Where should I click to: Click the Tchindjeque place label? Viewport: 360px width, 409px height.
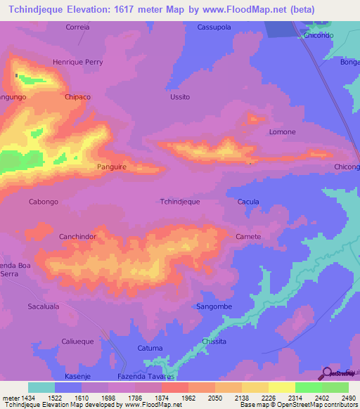click(180, 201)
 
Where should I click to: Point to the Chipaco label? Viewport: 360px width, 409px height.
click(77, 97)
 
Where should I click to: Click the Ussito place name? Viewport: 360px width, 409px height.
click(180, 97)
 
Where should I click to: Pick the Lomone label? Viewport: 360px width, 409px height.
click(283, 131)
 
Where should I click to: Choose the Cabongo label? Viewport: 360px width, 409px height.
click(43, 202)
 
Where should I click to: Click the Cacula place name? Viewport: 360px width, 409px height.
click(248, 202)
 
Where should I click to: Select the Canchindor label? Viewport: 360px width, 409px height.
click(77, 237)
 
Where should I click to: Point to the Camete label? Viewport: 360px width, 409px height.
click(248, 236)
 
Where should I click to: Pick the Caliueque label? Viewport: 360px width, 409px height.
click(77, 341)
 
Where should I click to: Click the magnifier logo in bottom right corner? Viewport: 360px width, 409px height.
click(327, 372)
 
